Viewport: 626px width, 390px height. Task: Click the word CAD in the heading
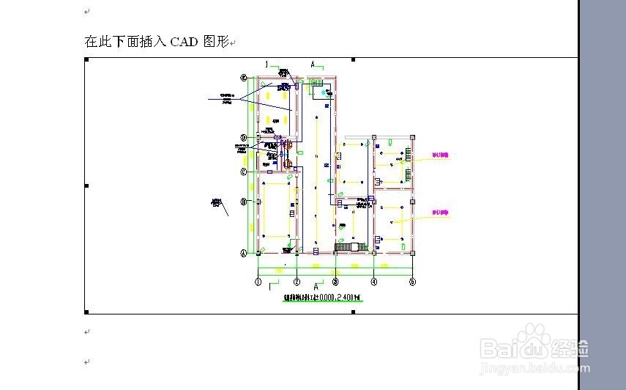coord(183,42)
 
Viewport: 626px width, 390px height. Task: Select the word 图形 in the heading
coord(215,42)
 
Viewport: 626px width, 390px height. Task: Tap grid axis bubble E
coord(245,77)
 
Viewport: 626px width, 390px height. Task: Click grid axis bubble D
coord(245,138)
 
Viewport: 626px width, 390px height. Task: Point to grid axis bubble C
coord(245,172)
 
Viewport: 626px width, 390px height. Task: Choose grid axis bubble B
coord(245,202)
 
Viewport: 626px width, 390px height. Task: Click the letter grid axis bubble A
coord(245,253)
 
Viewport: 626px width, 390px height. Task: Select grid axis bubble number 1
coord(258,282)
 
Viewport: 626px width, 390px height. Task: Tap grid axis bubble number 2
coord(297,282)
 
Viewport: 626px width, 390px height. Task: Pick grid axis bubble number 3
coord(335,282)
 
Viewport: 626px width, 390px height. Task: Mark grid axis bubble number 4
coord(374,282)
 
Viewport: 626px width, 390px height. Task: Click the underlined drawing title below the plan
coord(323,298)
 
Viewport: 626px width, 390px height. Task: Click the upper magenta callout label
coord(440,155)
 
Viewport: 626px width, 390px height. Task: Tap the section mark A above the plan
coord(313,65)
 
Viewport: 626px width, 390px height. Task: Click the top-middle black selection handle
coord(354,59)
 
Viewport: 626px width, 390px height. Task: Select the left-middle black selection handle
coord(86,185)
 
